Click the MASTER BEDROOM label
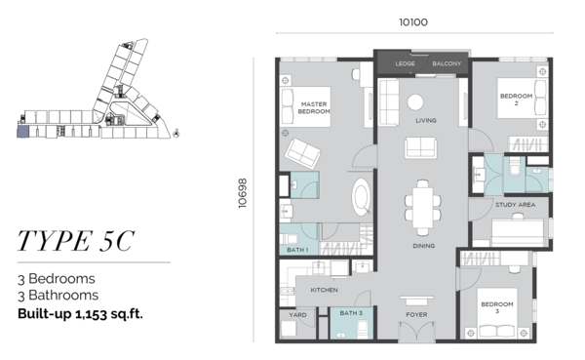tap(314, 108)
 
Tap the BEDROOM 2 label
tap(516, 100)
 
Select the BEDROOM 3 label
tap(497, 307)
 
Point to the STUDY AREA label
tap(515, 205)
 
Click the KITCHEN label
tap(325, 290)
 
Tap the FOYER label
tap(416, 315)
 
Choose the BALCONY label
tap(447, 63)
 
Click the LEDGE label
tap(405, 63)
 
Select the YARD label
tap(297, 315)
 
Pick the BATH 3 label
tap(351, 313)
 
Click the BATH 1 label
tap(297, 250)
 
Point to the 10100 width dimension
tap(413, 22)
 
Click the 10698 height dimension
tap(243, 193)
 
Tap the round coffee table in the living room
tap(415, 101)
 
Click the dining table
tap(423, 208)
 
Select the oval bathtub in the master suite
tap(361, 197)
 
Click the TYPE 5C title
tap(76, 241)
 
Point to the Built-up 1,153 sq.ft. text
tap(80, 314)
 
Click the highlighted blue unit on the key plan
tap(23, 132)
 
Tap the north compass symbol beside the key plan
tap(176, 133)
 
